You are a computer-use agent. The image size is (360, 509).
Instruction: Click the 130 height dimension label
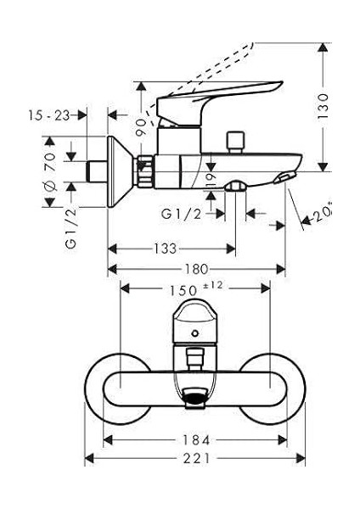point(323,106)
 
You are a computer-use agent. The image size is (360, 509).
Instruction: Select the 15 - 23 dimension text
point(49,115)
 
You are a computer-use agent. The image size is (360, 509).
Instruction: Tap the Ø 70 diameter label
point(50,172)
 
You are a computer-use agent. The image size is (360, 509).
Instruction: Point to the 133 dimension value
point(165,249)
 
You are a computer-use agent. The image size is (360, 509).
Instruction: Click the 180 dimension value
point(197,269)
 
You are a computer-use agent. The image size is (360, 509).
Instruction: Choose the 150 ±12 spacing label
point(195,288)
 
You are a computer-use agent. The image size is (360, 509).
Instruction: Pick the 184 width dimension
point(196,440)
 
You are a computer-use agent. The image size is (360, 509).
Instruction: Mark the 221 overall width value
point(197,459)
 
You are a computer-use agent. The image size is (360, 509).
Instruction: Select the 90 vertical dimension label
point(142,127)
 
